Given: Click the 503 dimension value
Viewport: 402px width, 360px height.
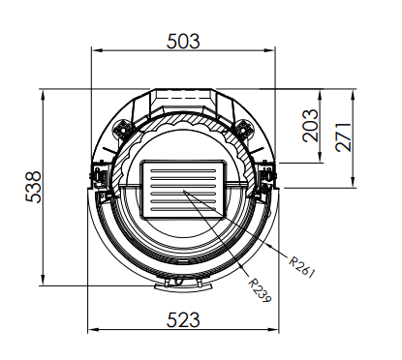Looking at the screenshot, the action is (183, 42).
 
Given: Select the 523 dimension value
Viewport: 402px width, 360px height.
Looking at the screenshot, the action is (183, 319).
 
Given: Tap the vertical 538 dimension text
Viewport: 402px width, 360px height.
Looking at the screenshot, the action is (33, 187).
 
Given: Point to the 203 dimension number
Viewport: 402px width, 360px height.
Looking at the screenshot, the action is (310, 126).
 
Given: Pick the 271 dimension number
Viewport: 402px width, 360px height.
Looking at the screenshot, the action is (343, 136).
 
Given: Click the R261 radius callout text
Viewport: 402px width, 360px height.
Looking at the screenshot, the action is (301, 267).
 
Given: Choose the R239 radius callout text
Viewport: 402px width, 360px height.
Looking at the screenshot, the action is (260, 290).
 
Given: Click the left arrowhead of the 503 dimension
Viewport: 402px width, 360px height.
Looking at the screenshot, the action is (97, 50).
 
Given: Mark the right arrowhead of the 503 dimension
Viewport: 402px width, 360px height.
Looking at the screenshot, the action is (269, 50).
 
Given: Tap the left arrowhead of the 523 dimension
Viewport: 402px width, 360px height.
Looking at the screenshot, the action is (93, 330).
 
